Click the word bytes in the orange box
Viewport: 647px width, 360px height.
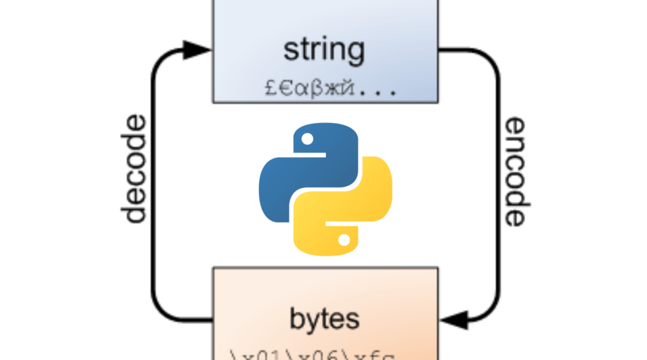324,319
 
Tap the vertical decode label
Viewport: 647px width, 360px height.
134,169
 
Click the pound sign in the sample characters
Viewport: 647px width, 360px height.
270,88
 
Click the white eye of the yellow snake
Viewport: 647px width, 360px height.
344,239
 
